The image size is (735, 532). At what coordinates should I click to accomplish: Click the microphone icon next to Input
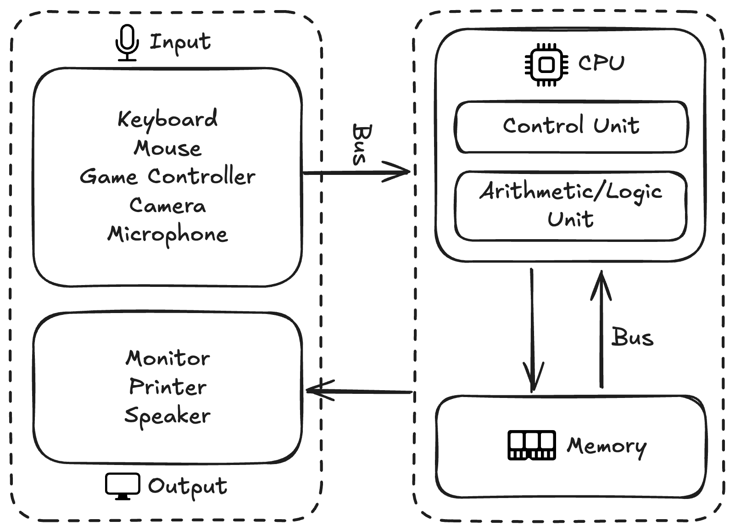click(127, 43)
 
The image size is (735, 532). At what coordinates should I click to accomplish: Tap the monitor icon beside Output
click(122, 486)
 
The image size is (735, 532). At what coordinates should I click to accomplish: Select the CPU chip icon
click(546, 65)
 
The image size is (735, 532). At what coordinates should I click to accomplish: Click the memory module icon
click(532, 445)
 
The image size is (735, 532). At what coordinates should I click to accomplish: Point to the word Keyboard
click(167, 119)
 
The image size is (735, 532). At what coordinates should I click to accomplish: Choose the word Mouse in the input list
click(167, 148)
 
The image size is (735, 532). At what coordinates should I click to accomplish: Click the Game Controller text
click(167, 177)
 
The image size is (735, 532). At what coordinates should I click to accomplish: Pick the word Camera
click(167, 205)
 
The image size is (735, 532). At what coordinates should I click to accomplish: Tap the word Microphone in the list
click(167, 235)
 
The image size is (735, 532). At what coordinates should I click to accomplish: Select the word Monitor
click(168, 358)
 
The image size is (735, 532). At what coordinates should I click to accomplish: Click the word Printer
click(168, 387)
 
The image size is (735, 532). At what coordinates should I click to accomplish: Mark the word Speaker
click(167, 416)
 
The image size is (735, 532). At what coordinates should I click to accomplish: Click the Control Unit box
click(571, 127)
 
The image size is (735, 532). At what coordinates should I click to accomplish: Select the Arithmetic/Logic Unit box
click(571, 206)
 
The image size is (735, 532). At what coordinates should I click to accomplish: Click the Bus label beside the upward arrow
click(632, 337)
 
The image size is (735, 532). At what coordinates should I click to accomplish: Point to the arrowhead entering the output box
click(317, 391)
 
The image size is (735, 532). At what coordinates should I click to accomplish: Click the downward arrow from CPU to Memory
click(532, 330)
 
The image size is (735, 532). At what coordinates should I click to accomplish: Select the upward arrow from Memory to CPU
click(601, 330)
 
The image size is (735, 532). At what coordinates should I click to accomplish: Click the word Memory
click(607, 446)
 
